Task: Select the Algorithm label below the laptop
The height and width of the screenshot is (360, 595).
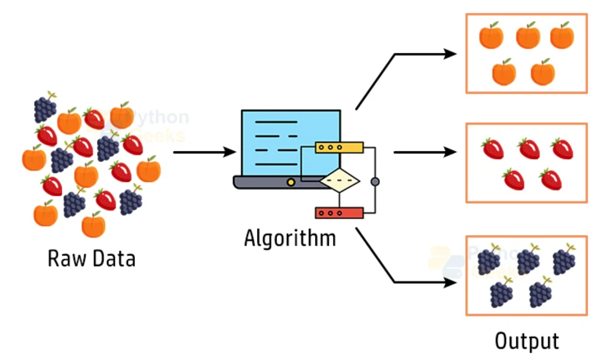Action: click(x=290, y=238)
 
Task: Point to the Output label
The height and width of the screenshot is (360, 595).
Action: click(x=526, y=341)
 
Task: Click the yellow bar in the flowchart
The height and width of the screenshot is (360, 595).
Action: click(x=339, y=147)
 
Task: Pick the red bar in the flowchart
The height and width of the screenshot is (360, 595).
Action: click(x=339, y=213)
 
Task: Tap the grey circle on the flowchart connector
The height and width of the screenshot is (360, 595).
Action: click(x=375, y=181)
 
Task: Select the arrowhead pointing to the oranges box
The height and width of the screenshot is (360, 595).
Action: click(x=450, y=54)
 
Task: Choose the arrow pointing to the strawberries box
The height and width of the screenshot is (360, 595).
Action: click(x=425, y=152)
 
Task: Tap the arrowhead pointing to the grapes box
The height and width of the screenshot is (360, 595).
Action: click(x=450, y=283)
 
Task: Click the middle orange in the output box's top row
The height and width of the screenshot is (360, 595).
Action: click(x=527, y=36)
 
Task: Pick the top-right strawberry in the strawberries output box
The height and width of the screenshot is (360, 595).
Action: click(x=562, y=148)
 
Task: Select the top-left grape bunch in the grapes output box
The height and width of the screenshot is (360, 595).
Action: click(x=488, y=261)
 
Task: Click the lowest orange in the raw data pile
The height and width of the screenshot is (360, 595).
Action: click(x=93, y=224)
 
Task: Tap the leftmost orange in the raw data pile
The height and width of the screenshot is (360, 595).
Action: click(x=34, y=158)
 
